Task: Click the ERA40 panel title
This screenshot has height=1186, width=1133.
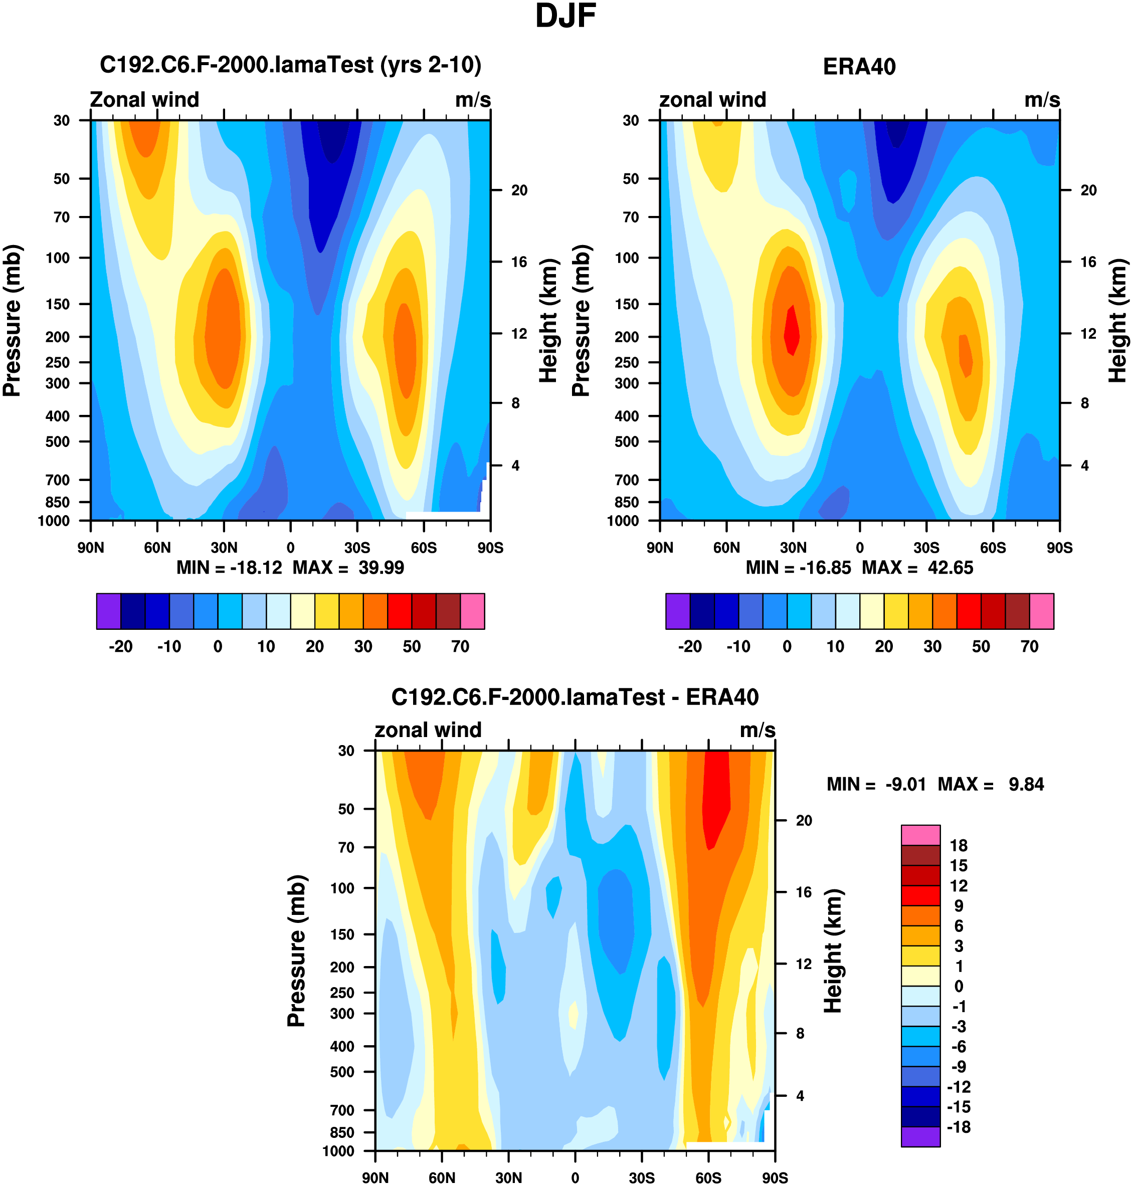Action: click(x=859, y=67)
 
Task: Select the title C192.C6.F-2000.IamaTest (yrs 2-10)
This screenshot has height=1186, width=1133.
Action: click(x=290, y=65)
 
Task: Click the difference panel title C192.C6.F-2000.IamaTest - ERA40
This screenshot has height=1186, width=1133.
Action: click(x=575, y=697)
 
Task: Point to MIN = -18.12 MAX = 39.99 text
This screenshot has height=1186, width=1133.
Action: click(x=290, y=567)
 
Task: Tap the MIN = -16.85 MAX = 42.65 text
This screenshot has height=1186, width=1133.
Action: click(x=859, y=567)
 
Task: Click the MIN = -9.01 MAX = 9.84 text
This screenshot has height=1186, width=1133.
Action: click(x=935, y=784)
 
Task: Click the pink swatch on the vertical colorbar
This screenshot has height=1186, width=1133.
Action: click(x=920, y=835)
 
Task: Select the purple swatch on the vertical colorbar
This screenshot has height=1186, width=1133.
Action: click(x=920, y=1136)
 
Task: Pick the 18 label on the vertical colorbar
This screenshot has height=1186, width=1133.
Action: click(x=959, y=846)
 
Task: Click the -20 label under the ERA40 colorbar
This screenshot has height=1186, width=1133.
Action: click(x=690, y=646)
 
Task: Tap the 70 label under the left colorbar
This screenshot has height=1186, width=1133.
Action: click(x=460, y=646)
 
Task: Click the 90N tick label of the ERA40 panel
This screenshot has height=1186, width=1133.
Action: click(x=660, y=548)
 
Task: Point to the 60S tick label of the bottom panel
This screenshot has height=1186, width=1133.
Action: click(x=708, y=1177)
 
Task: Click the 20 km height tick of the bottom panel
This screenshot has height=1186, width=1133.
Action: click(x=803, y=820)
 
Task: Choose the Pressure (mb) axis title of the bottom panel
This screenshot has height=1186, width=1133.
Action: click(x=297, y=951)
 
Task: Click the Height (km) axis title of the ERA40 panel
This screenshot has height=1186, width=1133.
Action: click(x=1117, y=321)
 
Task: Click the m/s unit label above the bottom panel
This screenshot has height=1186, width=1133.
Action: click(x=758, y=731)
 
